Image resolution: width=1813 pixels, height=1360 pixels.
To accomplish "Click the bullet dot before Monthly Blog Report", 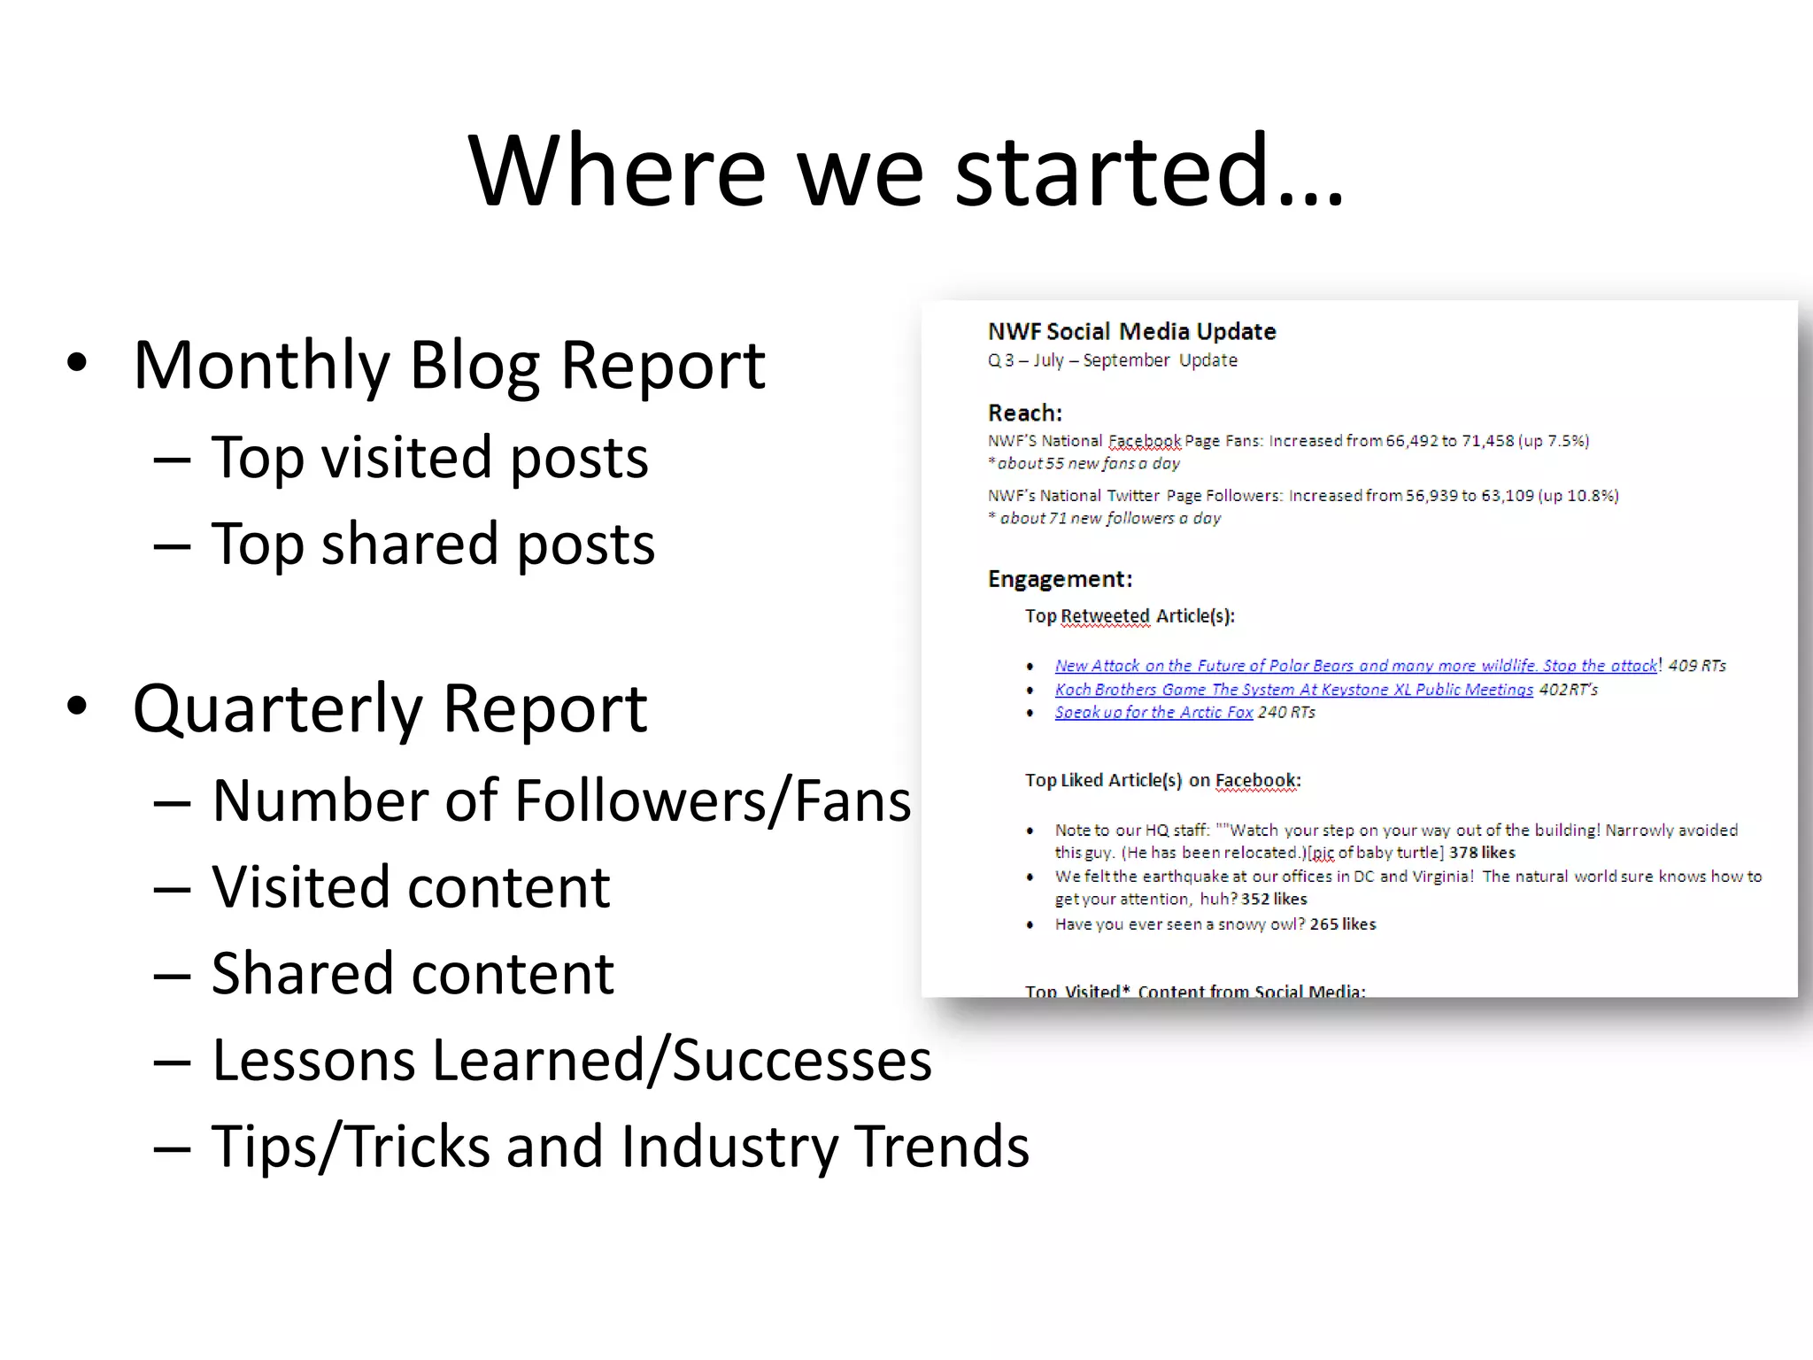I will tap(78, 362).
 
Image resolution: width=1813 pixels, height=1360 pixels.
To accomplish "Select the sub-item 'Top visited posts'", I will tap(429, 459).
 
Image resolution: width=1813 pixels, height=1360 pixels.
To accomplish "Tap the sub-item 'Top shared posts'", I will tap(433, 545).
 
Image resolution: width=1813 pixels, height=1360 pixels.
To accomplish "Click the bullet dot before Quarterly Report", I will tap(78, 707).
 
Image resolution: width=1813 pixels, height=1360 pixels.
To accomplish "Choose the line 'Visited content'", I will tap(411, 887).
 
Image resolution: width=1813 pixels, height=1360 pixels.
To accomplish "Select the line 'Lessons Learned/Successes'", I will tap(572, 1060).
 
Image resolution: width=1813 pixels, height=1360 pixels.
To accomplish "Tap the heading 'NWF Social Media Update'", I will tap(1131, 332).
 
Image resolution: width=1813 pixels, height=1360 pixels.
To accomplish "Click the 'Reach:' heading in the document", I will tap(1025, 413).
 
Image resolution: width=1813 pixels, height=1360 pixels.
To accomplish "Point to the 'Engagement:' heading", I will tap(1060, 579).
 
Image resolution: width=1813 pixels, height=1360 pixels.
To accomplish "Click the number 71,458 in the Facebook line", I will tap(1487, 441).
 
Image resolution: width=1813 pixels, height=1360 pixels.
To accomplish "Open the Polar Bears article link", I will tap(1355, 666).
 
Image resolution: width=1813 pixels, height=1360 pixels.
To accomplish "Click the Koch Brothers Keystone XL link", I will tap(1293, 690).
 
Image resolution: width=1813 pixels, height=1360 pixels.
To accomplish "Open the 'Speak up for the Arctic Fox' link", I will tap(1153, 713).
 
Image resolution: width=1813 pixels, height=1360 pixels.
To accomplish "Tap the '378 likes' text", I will tap(1482, 853).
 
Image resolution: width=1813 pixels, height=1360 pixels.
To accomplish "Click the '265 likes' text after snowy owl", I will tap(1343, 924).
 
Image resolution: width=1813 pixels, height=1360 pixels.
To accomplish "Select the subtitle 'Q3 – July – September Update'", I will tap(1113, 360).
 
